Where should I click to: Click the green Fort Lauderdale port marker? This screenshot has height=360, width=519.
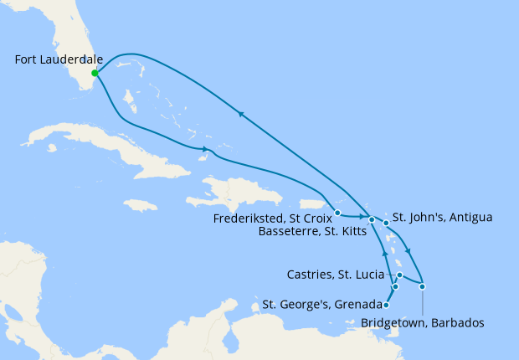(x=95, y=73)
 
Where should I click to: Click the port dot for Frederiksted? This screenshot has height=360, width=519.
(x=337, y=212)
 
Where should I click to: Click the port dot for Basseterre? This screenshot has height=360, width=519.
(x=372, y=219)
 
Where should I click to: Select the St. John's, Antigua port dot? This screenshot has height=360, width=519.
(x=386, y=223)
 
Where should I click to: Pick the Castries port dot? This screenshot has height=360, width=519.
(x=400, y=275)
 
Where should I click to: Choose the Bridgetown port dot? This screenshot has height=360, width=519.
(x=423, y=287)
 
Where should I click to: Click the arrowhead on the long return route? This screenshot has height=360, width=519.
(x=241, y=115)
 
